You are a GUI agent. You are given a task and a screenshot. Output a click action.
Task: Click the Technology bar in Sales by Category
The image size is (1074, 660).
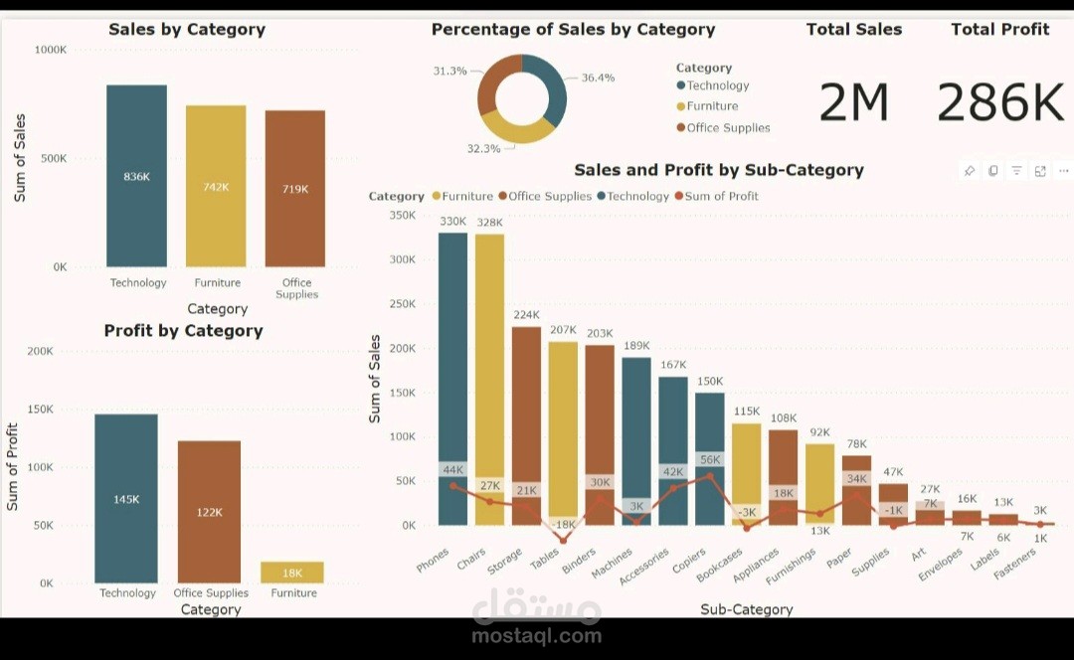tap(137, 175)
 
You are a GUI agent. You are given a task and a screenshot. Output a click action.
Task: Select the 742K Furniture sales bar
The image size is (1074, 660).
tap(216, 186)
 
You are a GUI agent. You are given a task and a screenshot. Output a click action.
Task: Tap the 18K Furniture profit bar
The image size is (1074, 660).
tap(292, 573)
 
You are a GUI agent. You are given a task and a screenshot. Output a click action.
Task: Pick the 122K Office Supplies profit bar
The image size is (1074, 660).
tap(209, 511)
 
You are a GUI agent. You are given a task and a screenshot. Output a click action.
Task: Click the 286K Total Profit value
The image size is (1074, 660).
tap(1000, 102)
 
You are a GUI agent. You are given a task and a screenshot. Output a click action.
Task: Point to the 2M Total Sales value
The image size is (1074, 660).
tap(853, 102)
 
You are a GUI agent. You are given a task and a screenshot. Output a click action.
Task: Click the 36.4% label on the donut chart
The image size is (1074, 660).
tap(598, 78)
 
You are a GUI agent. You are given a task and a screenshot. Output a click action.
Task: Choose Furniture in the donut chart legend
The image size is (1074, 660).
tap(711, 106)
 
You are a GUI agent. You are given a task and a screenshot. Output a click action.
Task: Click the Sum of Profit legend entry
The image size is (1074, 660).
tap(721, 196)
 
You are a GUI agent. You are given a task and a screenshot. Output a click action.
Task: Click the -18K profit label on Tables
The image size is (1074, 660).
tap(563, 525)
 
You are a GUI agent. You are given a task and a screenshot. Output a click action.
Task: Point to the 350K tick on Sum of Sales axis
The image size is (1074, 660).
tap(403, 215)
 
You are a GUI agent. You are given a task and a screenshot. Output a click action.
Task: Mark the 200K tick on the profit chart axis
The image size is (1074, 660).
tap(40, 351)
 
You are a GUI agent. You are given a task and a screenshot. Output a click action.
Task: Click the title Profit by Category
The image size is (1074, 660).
tap(183, 331)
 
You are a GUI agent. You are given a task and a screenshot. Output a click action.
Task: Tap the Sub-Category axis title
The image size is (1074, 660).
tap(746, 609)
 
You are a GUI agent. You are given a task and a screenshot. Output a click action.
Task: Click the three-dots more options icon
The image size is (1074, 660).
tap(1063, 171)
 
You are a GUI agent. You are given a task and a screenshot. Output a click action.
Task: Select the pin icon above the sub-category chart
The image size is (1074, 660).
tap(969, 171)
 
